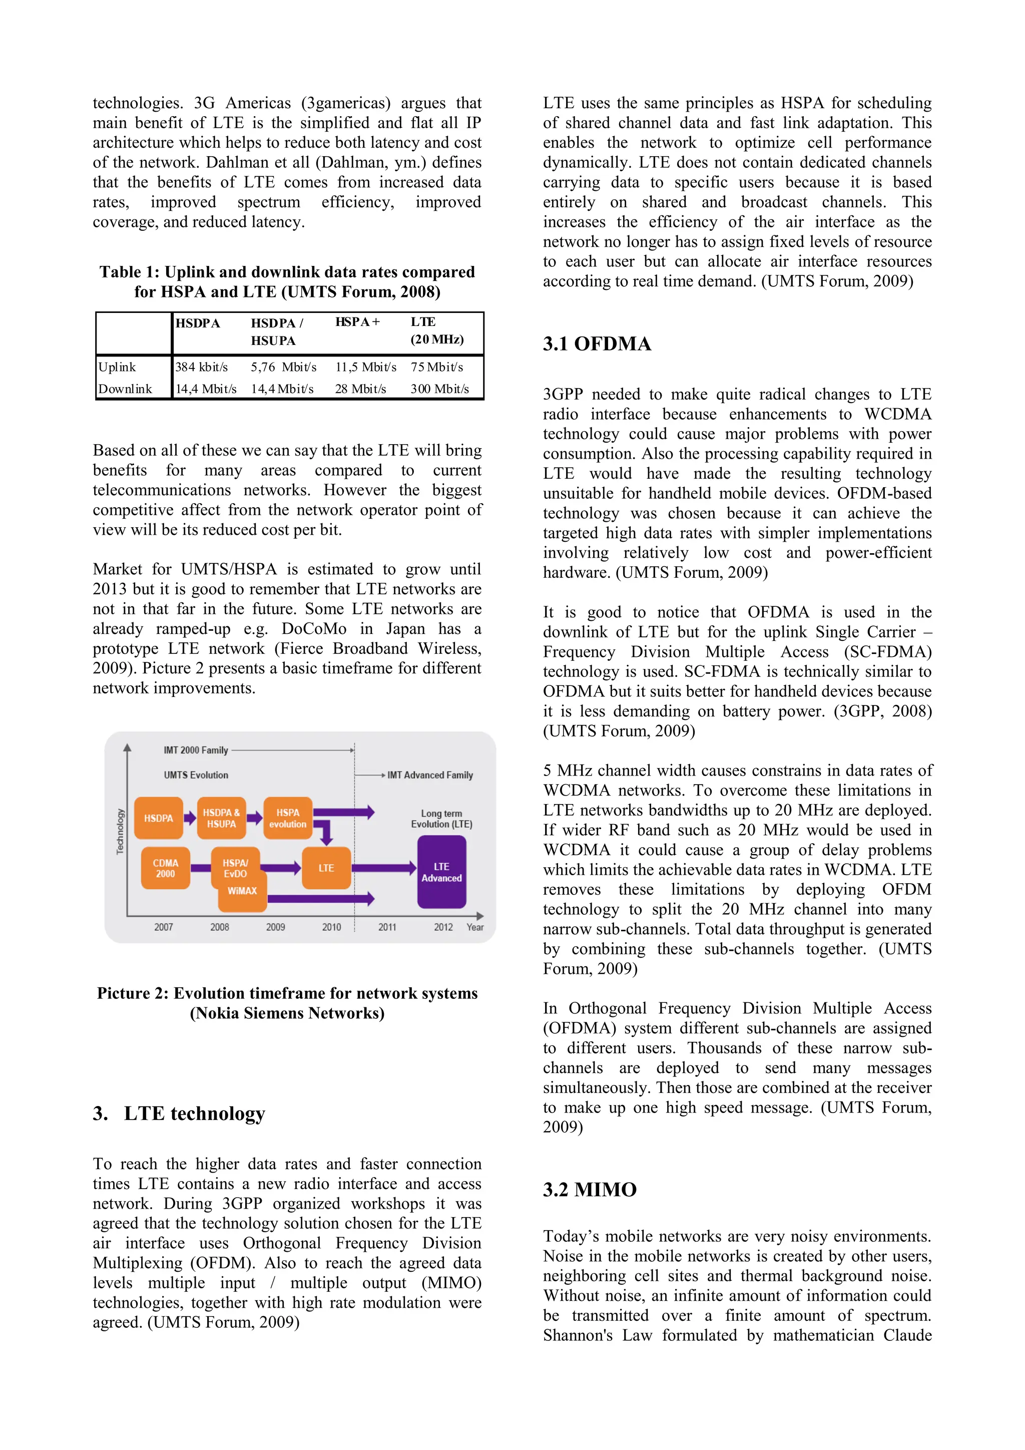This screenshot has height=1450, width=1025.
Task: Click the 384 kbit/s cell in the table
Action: tap(202, 367)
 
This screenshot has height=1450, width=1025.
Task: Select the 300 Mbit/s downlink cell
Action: tap(439, 389)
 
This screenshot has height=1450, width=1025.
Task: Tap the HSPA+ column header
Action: tap(357, 322)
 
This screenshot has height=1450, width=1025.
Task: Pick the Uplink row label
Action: tap(118, 367)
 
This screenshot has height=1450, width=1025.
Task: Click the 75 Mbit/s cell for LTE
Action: tap(437, 367)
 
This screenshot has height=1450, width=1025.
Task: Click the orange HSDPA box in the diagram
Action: tap(159, 818)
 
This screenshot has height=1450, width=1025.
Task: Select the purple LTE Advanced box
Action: tap(442, 872)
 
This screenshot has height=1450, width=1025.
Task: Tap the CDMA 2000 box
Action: tap(165, 868)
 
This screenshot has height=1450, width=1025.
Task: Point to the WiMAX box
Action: tap(242, 891)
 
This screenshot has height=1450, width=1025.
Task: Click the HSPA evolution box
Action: tap(288, 818)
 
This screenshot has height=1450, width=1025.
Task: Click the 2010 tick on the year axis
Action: tap(331, 927)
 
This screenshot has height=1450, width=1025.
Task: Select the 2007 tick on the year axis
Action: tap(164, 927)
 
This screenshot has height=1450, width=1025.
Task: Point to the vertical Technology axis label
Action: tap(120, 831)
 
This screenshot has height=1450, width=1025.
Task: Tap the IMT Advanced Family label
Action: tap(430, 775)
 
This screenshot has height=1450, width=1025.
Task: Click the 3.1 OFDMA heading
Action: tap(597, 344)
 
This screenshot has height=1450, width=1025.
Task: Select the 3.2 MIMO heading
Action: tap(590, 1190)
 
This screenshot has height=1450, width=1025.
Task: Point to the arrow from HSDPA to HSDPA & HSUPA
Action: tap(190, 819)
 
